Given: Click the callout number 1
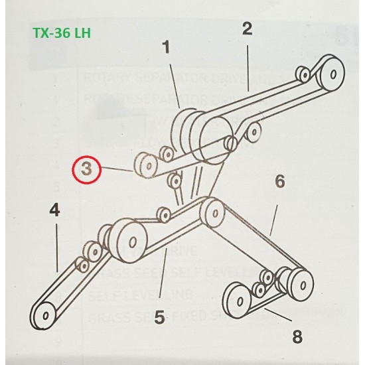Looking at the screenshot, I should (x=166, y=48).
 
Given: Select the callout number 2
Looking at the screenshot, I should (x=247, y=29).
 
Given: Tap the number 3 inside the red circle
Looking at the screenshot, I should (x=86, y=169).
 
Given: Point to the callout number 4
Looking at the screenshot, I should (x=54, y=211).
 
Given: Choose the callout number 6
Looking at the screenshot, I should (x=279, y=181).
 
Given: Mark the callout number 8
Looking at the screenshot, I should (x=297, y=336).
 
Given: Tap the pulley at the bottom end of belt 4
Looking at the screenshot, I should (x=45, y=313).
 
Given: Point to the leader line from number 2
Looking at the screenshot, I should (x=248, y=63).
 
